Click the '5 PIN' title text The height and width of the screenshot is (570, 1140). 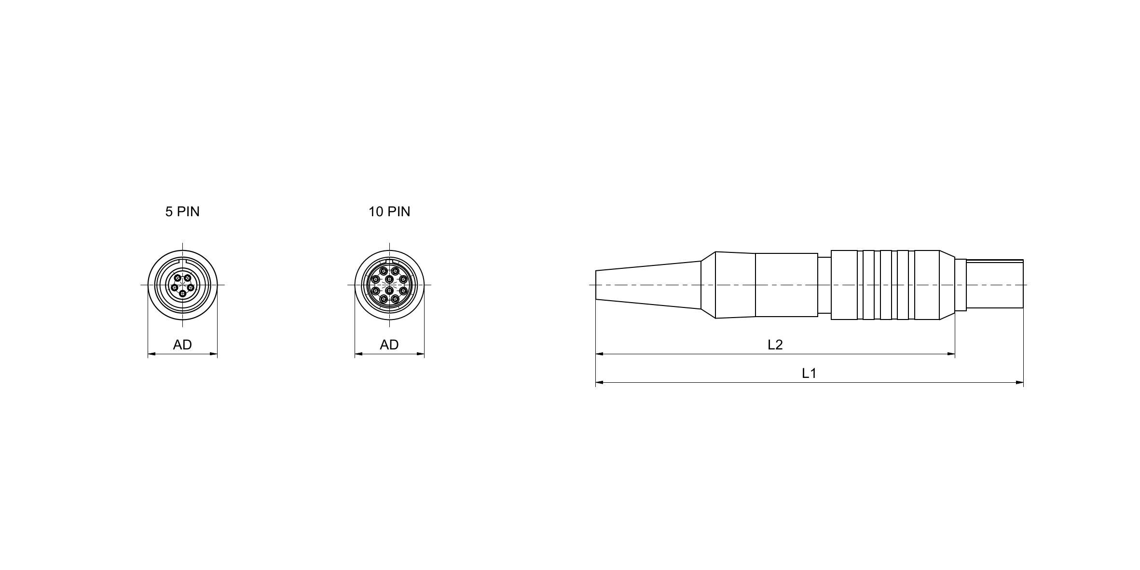182,211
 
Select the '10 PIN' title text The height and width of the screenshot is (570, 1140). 389,211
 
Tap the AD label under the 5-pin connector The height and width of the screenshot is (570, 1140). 182,345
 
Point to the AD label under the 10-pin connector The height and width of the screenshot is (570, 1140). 389,345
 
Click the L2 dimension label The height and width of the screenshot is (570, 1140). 775,345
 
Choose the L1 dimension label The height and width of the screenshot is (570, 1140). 809,373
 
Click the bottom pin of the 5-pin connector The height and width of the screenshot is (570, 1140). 182,293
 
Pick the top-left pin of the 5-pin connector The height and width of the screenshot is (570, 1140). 178,278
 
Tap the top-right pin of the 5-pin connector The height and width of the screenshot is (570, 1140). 188,278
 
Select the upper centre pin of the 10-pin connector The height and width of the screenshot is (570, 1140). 389,279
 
